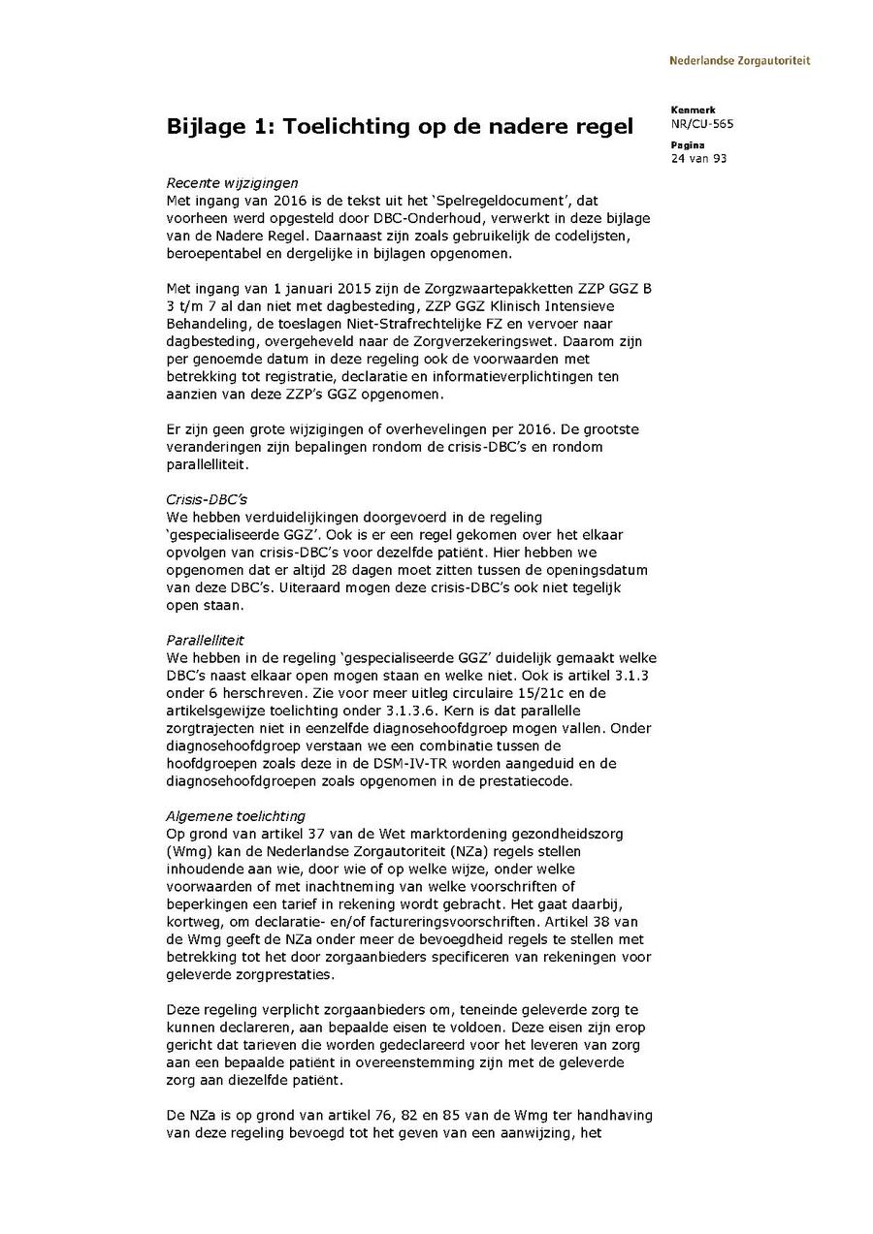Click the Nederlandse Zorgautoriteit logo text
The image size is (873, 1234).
[739, 60]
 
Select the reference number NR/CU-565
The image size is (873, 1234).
[695, 123]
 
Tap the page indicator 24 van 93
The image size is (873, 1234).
[698, 158]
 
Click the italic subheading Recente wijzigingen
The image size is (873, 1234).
[232, 182]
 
